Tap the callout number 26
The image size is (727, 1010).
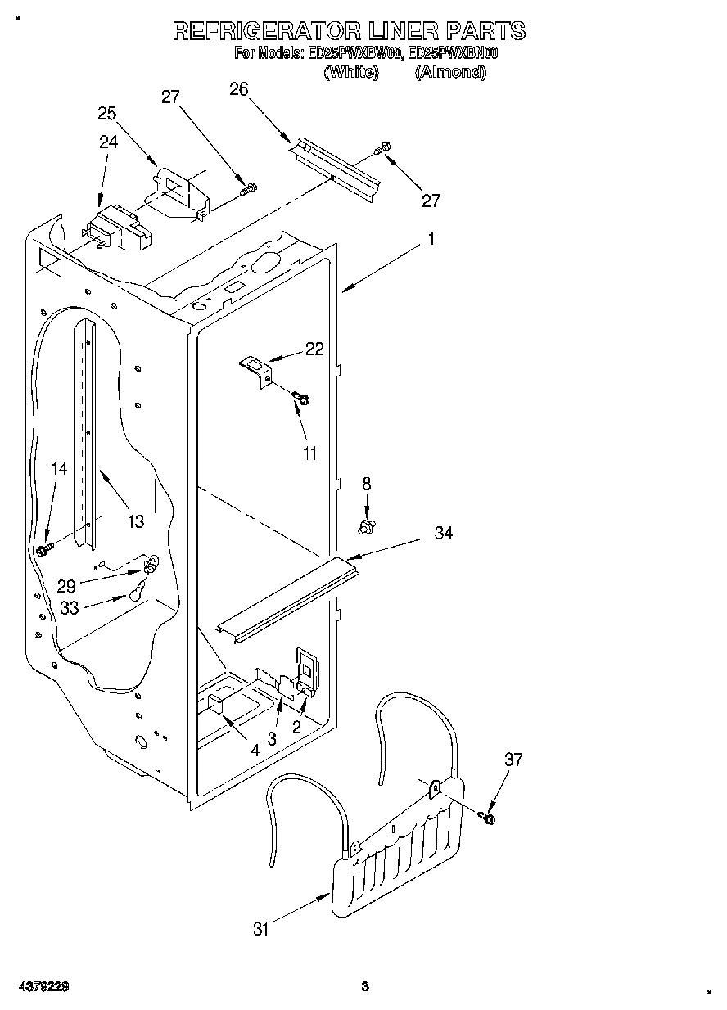pyautogui.click(x=239, y=89)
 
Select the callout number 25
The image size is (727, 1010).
pyautogui.click(x=107, y=114)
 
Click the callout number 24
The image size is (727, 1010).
pyautogui.click(x=108, y=141)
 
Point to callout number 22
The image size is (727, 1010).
pyautogui.click(x=314, y=349)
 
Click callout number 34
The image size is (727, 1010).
pyautogui.click(x=444, y=533)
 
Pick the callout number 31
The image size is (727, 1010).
pyautogui.click(x=260, y=928)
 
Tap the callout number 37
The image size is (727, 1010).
pyautogui.click(x=513, y=760)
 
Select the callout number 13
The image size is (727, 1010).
pyautogui.click(x=135, y=521)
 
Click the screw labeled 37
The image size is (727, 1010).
pyautogui.click(x=490, y=815)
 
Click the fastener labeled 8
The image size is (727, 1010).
pyautogui.click(x=367, y=524)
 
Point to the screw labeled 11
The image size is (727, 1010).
pyautogui.click(x=301, y=398)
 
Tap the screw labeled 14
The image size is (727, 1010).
pyautogui.click(x=46, y=547)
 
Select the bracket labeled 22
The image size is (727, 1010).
pyautogui.click(x=256, y=368)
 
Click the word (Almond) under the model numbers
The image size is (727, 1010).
pyautogui.click(x=450, y=72)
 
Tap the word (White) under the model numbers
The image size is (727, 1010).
pyautogui.click(x=352, y=72)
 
